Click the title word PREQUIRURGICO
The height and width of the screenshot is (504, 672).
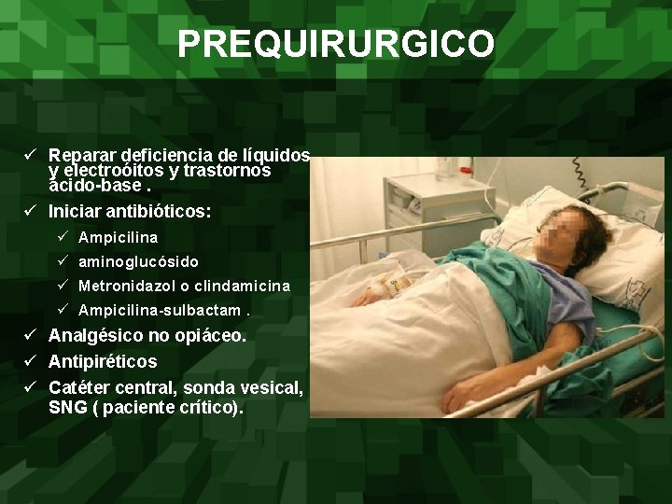336,43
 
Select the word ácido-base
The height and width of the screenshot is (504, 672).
89,188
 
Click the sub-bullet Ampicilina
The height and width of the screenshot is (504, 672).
119,238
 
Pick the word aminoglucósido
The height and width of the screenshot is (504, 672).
138,262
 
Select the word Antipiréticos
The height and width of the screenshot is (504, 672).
103,361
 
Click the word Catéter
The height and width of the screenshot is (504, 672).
80,386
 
